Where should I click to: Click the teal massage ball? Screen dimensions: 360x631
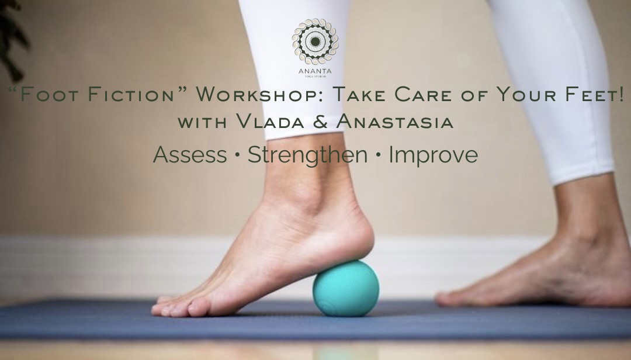tap(345, 288)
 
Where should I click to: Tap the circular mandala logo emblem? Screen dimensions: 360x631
tap(315, 42)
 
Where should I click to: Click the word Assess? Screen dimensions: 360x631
tap(189, 155)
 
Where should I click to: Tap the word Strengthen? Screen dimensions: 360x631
tap(307, 155)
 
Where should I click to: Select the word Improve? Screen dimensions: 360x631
tap(433, 155)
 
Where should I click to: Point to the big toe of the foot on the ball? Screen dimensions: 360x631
tap(167, 309)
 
